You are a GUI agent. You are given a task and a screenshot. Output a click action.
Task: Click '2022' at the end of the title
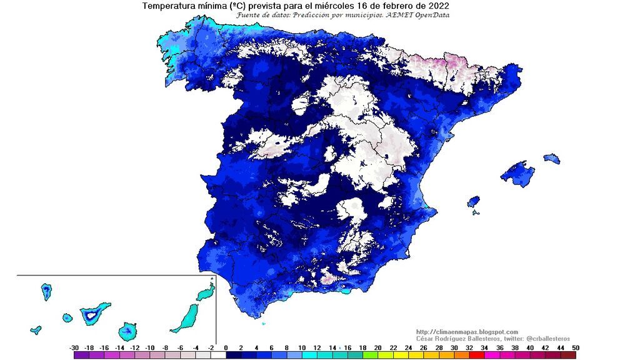[x=437, y=6]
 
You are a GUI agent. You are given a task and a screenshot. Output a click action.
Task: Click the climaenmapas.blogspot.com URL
[x=467, y=332]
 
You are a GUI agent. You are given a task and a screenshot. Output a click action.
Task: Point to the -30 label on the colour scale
[x=74, y=347]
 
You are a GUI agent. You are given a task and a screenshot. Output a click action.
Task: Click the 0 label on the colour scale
[x=225, y=347]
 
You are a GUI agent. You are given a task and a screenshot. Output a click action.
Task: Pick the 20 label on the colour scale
[x=377, y=347]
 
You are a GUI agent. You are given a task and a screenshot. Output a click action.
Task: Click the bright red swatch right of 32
[x=477, y=355]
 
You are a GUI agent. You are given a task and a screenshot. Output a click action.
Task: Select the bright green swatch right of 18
[x=371, y=355]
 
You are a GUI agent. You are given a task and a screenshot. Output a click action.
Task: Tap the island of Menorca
[x=551, y=159]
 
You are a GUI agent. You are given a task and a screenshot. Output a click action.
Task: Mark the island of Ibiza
[x=473, y=202]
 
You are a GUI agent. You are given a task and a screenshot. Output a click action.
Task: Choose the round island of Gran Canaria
[x=129, y=330]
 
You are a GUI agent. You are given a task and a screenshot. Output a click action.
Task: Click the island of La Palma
[x=46, y=291]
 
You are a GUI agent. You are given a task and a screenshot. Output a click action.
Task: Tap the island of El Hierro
[x=36, y=329]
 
